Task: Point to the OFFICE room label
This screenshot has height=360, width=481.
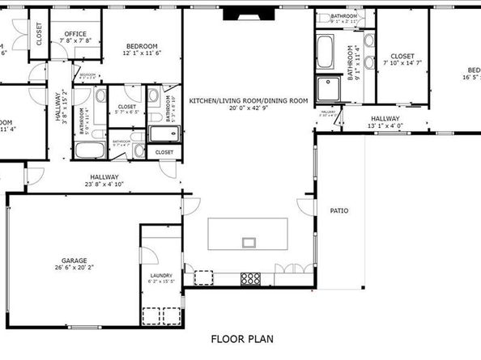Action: point(75,34)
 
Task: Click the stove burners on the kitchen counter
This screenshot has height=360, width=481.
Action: point(251,279)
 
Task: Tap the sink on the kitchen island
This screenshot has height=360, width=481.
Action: point(249,241)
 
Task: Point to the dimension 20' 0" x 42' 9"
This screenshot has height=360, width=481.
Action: point(248,109)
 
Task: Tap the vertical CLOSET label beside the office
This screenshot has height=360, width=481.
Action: point(38,32)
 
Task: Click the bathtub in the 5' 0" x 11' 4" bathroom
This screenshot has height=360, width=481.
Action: point(85,150)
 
